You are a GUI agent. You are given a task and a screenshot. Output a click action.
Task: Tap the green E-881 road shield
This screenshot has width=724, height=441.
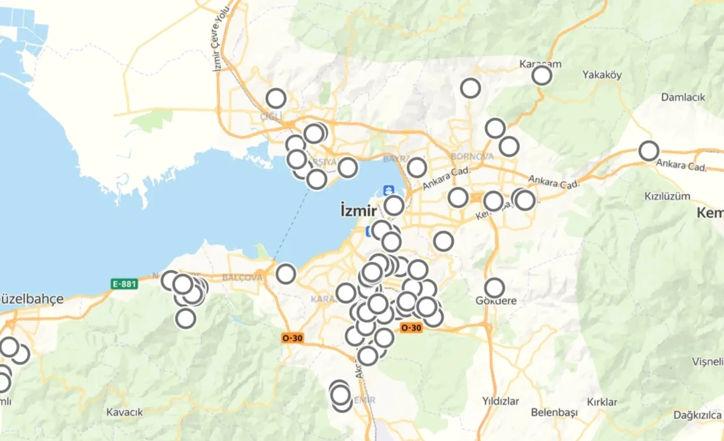124,284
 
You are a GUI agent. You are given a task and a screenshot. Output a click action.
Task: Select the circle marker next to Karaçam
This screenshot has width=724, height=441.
542,75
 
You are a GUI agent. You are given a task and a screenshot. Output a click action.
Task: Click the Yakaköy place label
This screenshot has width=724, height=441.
602,75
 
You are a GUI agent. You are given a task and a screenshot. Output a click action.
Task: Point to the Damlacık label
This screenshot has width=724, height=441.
683,97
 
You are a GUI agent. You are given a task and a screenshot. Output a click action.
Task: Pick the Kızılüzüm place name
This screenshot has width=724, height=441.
667,196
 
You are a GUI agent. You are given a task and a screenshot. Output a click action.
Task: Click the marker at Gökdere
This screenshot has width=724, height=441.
494,288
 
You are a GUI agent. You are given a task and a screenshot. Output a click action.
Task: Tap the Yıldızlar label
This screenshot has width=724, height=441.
501,401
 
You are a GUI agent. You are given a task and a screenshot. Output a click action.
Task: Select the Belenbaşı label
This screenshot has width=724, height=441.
554,412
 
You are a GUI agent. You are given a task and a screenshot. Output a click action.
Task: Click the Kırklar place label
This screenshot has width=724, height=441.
602,402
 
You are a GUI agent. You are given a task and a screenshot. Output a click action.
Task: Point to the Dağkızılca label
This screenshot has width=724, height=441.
698,415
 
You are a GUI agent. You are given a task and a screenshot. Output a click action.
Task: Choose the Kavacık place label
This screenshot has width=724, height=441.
124,412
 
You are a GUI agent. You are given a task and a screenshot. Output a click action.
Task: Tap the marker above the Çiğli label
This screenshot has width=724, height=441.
275,99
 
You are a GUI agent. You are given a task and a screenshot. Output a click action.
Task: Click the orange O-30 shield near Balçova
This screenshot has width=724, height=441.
293,338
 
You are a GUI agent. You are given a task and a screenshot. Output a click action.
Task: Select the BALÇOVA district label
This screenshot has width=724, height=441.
242,277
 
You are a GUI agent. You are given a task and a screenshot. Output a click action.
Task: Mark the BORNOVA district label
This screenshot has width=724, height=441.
472,156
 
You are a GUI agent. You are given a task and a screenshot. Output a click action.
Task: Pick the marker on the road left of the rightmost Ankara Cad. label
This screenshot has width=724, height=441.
649,151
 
